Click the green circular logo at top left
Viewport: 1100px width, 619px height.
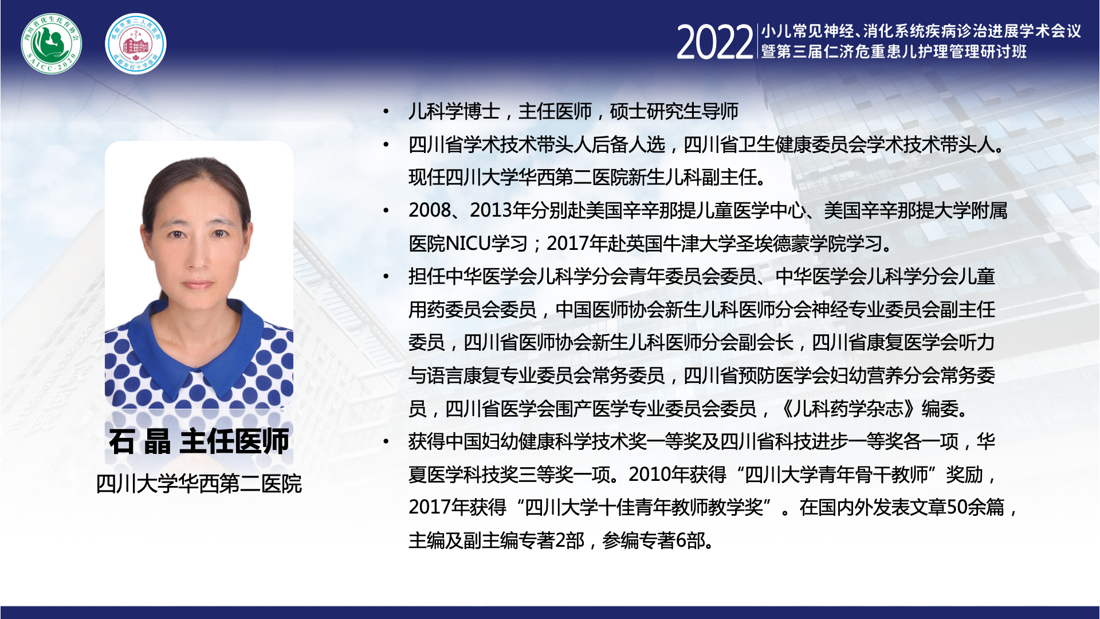point(52,44)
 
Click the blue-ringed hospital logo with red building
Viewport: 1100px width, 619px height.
point(136,44)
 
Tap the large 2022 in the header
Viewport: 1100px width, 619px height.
point(714,42)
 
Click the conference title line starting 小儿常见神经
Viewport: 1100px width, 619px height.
point(921,31)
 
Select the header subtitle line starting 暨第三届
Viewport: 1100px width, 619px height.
point(894,52)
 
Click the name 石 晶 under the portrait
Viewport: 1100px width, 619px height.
point(140,441)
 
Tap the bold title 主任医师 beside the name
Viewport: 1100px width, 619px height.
point(234,441)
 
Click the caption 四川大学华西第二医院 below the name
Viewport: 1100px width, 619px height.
point(199,484)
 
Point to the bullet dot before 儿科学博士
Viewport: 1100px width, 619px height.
point(387,112)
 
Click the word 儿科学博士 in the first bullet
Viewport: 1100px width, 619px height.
point(454,111)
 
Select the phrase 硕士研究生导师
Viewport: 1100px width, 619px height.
point(674,111)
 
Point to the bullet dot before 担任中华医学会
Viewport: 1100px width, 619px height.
point(387,277)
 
